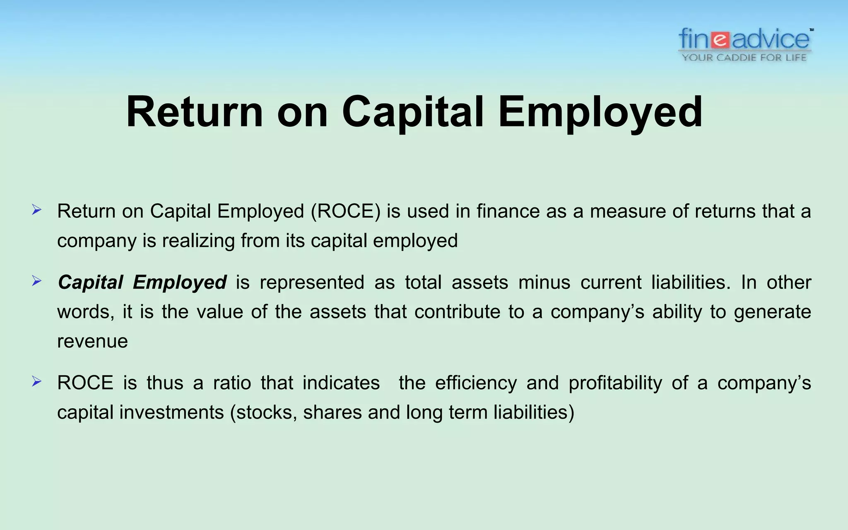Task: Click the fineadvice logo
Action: coord(744,40)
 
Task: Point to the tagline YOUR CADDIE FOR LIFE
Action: coord(744,58)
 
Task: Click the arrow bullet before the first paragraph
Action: coord(37,210)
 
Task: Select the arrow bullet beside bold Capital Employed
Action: coord(37,282)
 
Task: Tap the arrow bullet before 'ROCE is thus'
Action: coord(37,382)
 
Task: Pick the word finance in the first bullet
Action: coord(508,211)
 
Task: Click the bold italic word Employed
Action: coord(180,283)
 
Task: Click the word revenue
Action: coord(92,342)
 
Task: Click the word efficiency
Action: coord(476,383)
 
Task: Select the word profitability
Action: coord(615,383)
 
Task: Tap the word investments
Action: coord(171,412)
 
